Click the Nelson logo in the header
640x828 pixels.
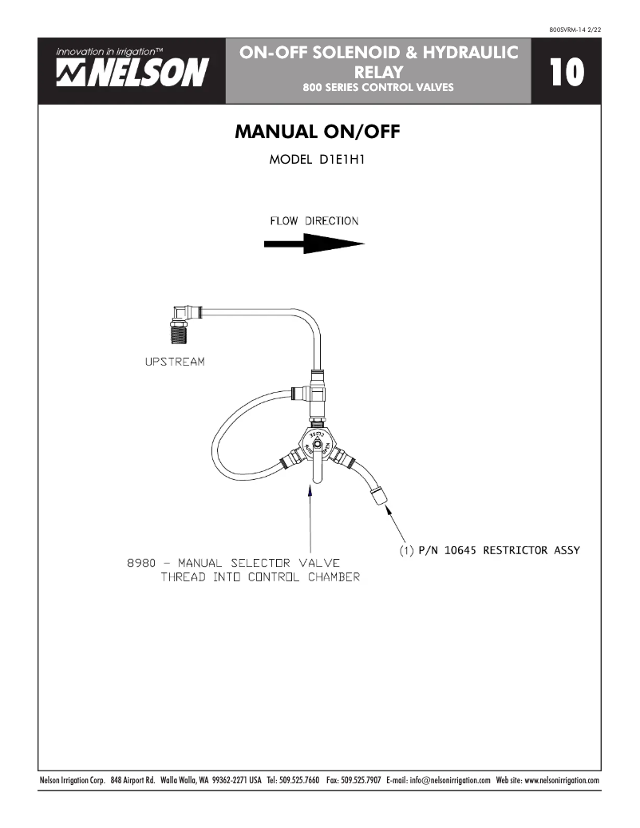[x=132, y=69]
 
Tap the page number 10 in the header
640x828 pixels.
[x=567, y=73]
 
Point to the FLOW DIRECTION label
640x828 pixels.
[x=314, y=221]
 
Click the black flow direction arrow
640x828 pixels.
[x=314, y=245]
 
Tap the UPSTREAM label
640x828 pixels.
[x=174, y=362]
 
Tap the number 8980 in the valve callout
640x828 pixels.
[x=141, y=562]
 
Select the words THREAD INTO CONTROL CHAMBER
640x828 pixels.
[x=260, y=577]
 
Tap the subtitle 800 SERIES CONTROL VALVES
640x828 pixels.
[x=378, y=87]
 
